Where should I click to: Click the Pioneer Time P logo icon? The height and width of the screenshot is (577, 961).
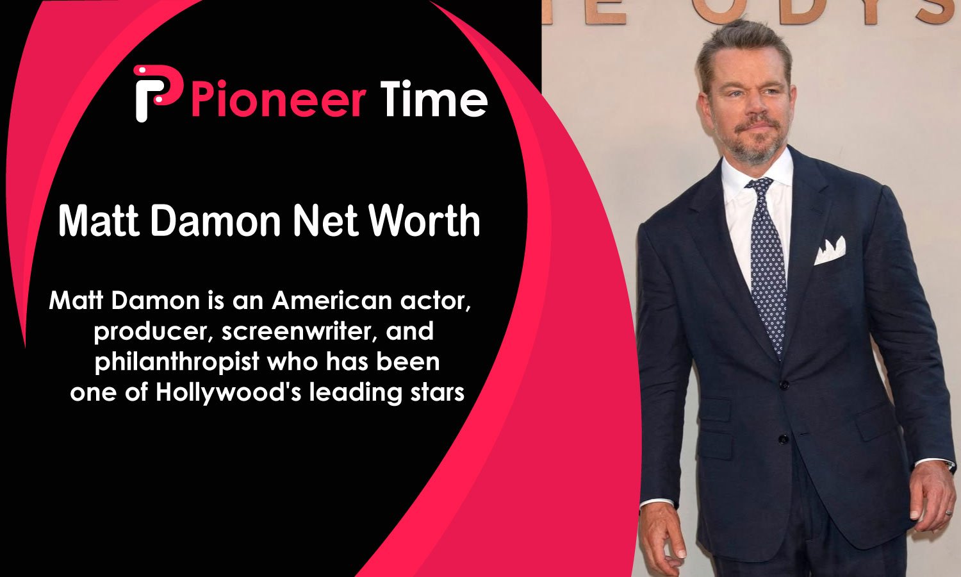click(157, 93)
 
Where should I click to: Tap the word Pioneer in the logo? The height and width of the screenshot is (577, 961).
click(279, 99)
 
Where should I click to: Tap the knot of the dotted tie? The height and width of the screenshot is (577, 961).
click(761, 185)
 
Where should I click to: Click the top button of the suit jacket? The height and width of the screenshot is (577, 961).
click(784, 385)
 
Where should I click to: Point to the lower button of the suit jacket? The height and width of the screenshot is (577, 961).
click(784, 439)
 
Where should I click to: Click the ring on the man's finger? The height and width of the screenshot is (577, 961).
click(949, 513)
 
